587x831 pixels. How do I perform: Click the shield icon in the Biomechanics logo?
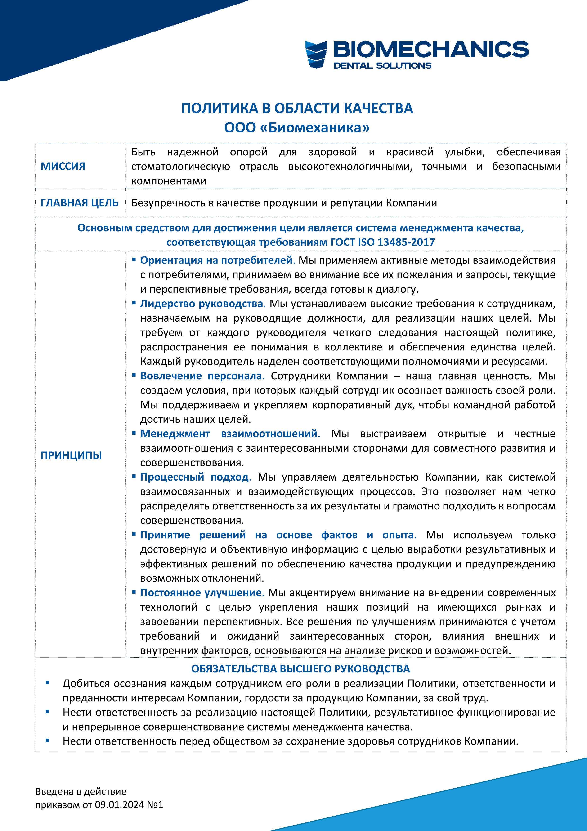tap(316, 54)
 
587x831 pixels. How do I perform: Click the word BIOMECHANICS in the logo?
tap(430, 49)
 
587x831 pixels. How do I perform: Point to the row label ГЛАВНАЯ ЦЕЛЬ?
tap(80, 203)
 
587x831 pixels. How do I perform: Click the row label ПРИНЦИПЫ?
tap(71, 455)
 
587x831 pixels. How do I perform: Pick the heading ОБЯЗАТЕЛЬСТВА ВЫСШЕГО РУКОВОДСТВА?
tap(300, 669)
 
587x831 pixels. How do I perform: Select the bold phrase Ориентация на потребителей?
tap(217, 260)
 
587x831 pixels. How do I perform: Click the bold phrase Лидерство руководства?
tap(202, 304)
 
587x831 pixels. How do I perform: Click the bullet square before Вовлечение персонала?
tap(134, 375)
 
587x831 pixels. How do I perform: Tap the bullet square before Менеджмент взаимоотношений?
tap(134, 433)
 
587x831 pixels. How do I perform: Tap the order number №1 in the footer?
tap(155, 804)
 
